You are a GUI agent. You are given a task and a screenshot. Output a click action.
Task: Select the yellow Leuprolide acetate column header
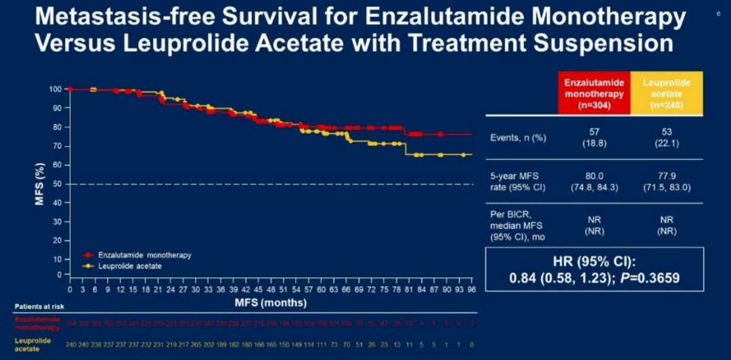pyautogui.click(x=667, y=93)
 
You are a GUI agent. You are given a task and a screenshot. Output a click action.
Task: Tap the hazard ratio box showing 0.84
pyautogui.click(x=594, y=270)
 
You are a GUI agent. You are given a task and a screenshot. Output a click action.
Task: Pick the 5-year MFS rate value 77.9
pyautogui.click(x=667, y=175)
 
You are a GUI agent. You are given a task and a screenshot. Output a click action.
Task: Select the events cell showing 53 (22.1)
pyautogui.click(x=667, y=137)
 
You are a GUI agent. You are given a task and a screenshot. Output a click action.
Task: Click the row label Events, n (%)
pyautogui.click(x=518, y=137)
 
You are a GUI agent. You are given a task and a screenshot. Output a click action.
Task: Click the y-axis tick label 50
pyautogui.click(x=58, y=184)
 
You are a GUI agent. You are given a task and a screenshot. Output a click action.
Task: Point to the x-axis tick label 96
pyautogui.click(x=471, y=289)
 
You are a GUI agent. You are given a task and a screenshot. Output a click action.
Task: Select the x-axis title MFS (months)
pyautogui.click(x=271, y=302)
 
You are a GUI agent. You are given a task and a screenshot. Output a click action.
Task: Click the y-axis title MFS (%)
pyautogui.click(x=41, y=183)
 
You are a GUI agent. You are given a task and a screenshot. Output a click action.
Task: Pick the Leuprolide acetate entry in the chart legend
pyautogui.click(x=129, y=266)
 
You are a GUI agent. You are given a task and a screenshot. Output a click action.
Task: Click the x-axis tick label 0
pyautogui.click(x=69, y=289)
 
